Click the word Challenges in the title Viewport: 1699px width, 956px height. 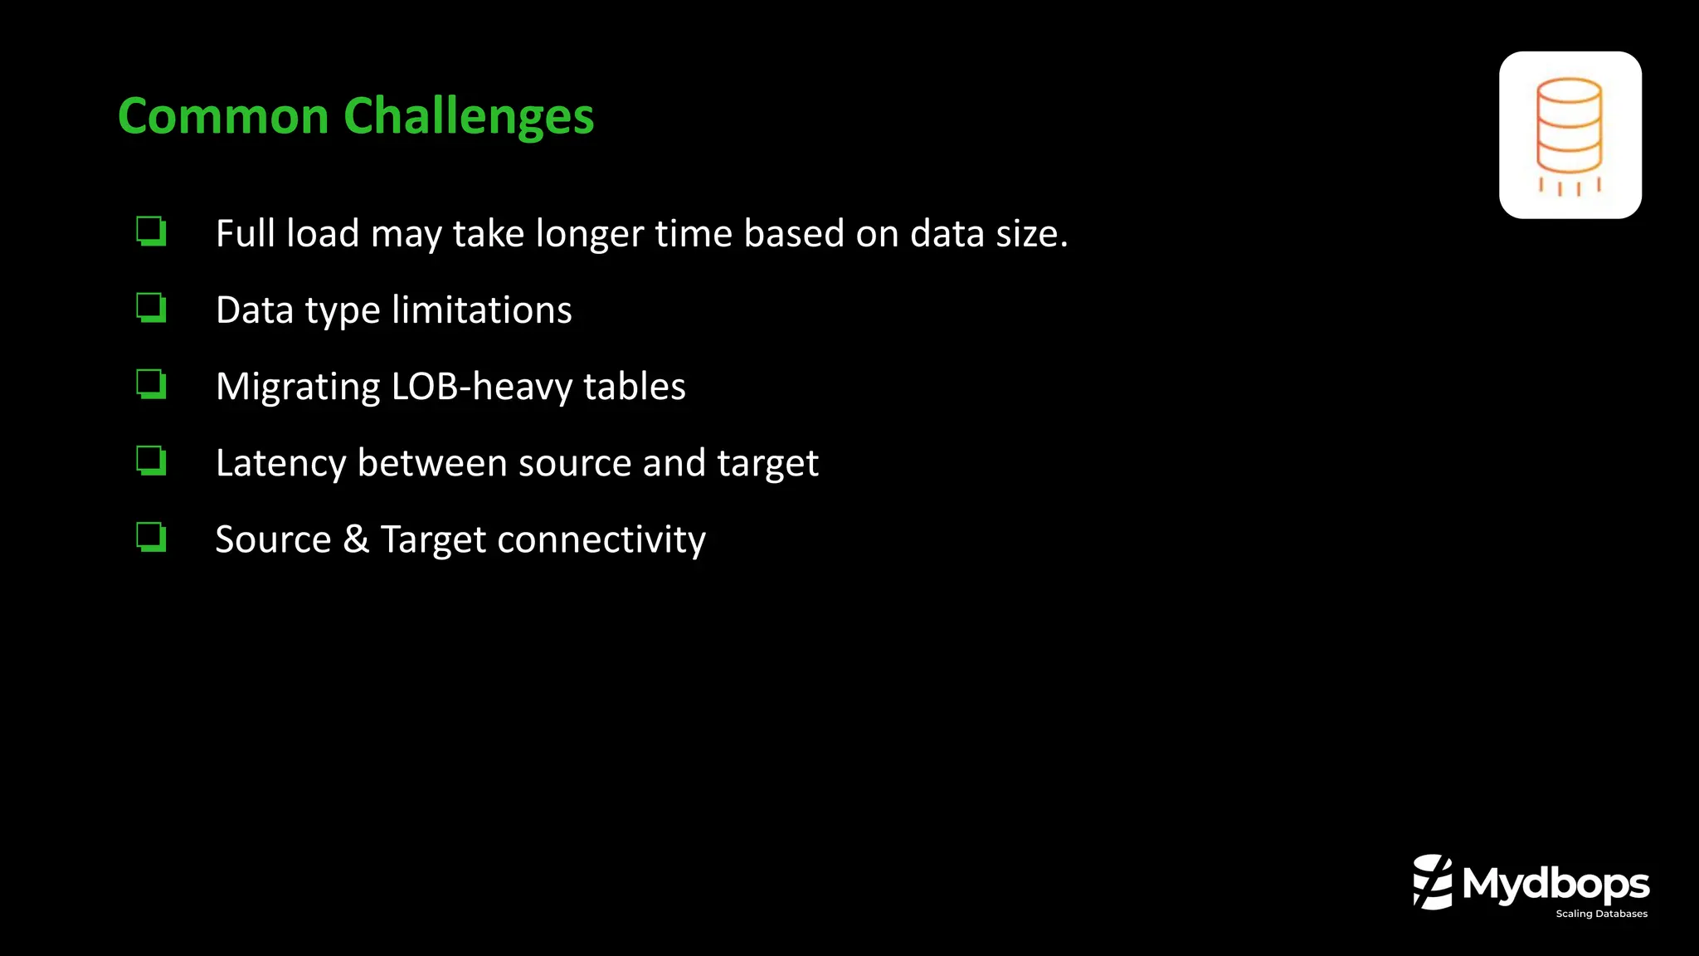469,116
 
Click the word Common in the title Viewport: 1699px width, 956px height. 224,116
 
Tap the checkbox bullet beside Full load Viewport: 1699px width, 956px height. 152,232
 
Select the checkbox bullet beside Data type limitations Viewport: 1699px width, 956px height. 152,308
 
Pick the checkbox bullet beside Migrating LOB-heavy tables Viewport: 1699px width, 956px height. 152,384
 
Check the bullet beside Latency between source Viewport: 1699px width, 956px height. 152,461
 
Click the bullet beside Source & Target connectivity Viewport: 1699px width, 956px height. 152,537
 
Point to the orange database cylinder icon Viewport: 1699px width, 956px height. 1570,135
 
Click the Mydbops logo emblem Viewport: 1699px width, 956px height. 1433,881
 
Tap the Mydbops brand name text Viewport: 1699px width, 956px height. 1556,885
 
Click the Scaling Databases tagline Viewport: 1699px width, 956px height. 1601,914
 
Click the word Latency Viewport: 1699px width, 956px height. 280,464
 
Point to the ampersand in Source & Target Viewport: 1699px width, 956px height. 356,539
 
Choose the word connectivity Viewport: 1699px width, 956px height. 601,540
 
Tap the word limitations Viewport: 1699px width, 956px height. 481,310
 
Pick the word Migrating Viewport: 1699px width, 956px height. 298,388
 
